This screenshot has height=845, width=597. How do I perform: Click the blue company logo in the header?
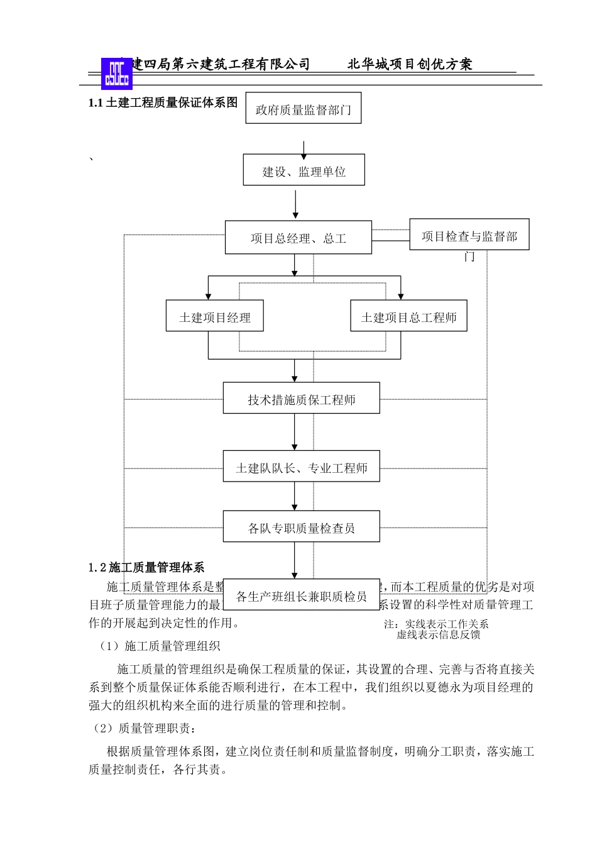click(x=117, y=74)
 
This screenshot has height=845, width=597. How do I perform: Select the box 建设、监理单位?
click(x=304, y=170)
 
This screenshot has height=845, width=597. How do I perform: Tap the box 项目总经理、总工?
click(x=298, y=238)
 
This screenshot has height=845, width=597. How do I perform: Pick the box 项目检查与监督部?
click(x=469, y=235)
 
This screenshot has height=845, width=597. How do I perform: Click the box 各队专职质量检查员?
click(x=301, y=527)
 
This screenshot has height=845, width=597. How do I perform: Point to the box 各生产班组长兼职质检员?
click(x=301, y=595)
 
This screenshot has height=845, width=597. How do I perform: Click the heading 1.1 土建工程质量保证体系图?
click(x=163, y=102)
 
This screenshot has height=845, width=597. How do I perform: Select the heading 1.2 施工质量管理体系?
click(x=146, y=567)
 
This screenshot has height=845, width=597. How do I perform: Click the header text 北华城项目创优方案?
click(x=410, y=64)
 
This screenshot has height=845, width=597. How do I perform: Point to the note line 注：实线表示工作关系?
click(x=436, y=624)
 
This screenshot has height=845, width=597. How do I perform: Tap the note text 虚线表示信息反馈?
click(x=439, y=635)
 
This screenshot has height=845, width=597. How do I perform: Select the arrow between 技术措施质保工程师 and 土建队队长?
click(x=295, y=432)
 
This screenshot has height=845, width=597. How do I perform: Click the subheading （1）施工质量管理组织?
click(x=160, y=646)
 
